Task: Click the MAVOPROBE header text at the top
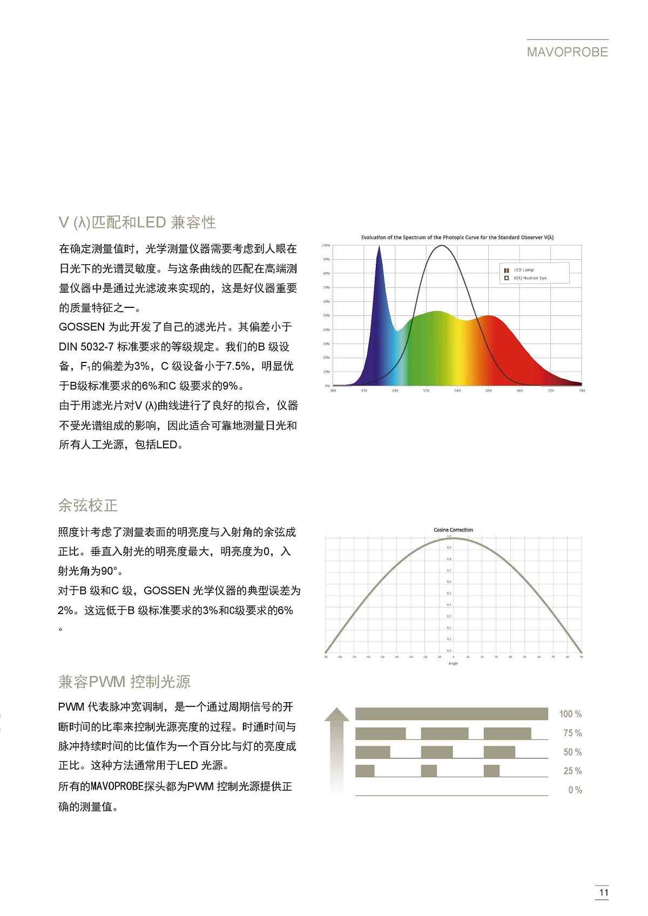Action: pyautogui.click(x=568, y=52)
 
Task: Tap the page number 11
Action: pyautogui.click(x=603, y=893)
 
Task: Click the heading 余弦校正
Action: pyautogui.click(x=88, y=506)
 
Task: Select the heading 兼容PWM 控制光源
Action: pyautogui.click(x=124, y=682)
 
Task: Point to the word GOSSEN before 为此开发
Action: pyautogui.click(x=82, y=327)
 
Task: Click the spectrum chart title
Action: pyautogui.click(x=457, y=237)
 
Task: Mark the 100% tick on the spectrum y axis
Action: pyautogui.click(x=326, y=245)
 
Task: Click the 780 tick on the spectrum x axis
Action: pyautogui.click(x=582, y=390)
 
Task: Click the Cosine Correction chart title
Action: pyautogui.click(x=453, y=530)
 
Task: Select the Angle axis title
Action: pyautogui.click(x=453, y=663)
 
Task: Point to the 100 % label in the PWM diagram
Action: pyautogui.click(x=570, y=714)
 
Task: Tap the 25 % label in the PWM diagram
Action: pyautogui.click(x=572, y=771)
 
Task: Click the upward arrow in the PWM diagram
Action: pyautogui.click(x=336, y=748)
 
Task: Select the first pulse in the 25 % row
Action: pyautogui.click(x=364, y=771)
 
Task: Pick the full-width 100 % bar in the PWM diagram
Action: pyautogui.click(x=451, y=714)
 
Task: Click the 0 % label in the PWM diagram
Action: pyautogui.click(x=575, y=790)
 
